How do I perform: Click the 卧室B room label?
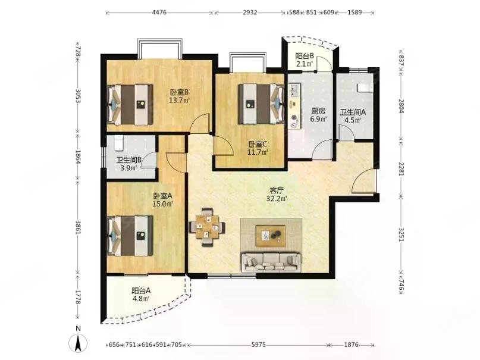click(x=180, y=92)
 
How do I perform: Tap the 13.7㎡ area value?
click(x=180, y=100)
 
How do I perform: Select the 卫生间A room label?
click(x=353, y=112)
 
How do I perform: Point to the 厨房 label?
click(x=318, y=111)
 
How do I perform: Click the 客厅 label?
click(x=277, y=191)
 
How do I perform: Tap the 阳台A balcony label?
click(x=141, y=290)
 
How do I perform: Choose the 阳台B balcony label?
click(x=305, y=56)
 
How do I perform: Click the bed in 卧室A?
click(x=130, y=236)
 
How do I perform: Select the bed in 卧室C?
click(x=261, y=104)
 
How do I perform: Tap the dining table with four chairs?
click(x=208, y=227)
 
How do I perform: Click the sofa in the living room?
click(x=271, y=262)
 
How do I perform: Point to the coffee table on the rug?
click(x=271, y=236)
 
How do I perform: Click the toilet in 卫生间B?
click(x=119, y=143)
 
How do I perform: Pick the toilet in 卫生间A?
click(x=365, y=88)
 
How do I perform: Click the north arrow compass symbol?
click(x=79, y=343)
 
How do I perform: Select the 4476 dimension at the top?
click(x=159, y=12)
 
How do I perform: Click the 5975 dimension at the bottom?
click(x=259, y=345)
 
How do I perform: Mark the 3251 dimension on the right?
click(x=401, y=234)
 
